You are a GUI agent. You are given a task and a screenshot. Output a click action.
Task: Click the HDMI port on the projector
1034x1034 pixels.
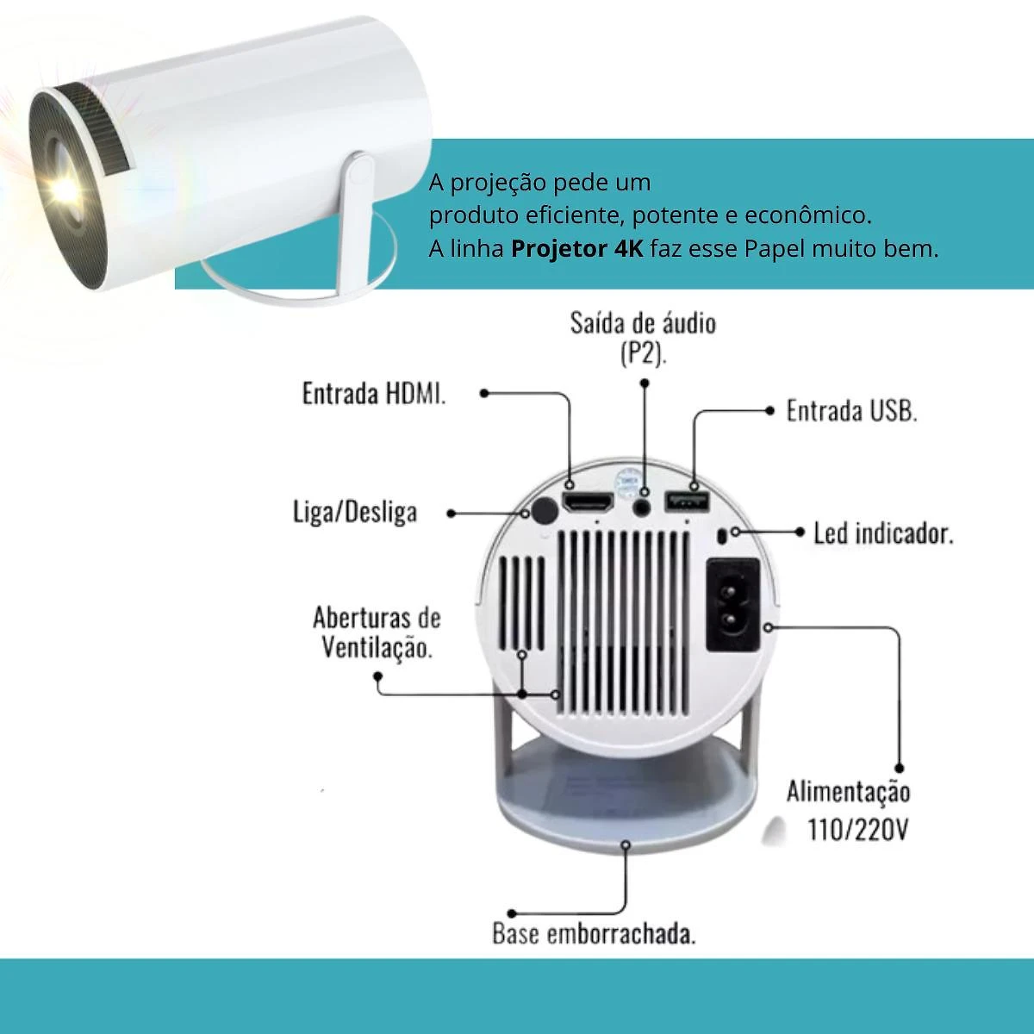tap(588, 502)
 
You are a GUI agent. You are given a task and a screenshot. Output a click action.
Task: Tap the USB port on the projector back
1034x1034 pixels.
tap(688, 501)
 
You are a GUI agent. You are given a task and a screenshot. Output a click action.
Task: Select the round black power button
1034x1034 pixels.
tap(544, 511)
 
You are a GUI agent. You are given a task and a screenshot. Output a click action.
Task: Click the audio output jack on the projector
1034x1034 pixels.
tap(642, 506)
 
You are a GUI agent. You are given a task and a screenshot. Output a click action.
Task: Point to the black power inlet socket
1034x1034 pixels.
tap(733, 605)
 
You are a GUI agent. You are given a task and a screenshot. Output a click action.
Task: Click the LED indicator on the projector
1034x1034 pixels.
tap(722, 535)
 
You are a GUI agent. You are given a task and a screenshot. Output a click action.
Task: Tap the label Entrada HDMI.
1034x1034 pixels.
tap(374, 393)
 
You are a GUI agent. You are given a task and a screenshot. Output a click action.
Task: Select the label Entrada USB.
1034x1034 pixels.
tap(852, 411)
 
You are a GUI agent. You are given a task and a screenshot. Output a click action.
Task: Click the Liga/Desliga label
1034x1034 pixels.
tap(355, 512)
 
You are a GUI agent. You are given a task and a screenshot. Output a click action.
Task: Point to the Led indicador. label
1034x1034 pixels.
tap(884, 533)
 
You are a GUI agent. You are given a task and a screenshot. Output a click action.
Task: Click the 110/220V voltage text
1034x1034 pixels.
tap(858, 830)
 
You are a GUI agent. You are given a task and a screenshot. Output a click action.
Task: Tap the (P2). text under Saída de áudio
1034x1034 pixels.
tap(644, 354)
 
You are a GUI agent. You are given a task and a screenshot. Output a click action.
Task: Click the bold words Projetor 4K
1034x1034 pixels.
tap(576, 249)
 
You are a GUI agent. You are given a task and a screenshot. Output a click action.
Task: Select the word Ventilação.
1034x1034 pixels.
tap(377, 648)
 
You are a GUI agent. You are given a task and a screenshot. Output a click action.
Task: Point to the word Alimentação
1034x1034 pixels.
tap(849, 792)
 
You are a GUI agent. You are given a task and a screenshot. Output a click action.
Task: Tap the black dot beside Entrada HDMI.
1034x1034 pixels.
tap(484, 393)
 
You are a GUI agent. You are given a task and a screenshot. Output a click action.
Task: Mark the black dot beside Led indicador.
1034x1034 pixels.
tap(800, 532)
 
